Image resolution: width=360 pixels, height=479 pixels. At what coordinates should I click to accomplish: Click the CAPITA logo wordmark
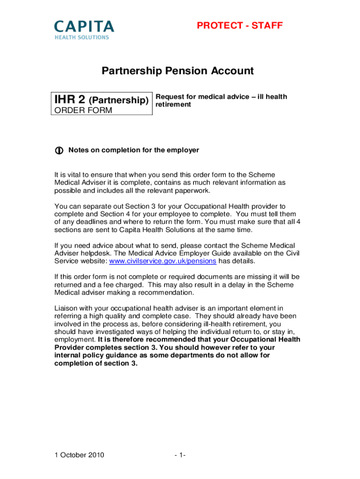coord(84,26)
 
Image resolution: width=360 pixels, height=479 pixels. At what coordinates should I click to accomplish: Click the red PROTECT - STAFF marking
coord(240,26)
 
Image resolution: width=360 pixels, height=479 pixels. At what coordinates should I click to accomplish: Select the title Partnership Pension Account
coord(178,71)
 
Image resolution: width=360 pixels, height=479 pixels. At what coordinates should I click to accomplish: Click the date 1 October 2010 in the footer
coord(79,455)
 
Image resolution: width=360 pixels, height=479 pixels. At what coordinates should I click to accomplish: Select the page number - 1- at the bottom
coord(180,455)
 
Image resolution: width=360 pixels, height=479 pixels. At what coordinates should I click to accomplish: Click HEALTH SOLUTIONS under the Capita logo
coord(82,37)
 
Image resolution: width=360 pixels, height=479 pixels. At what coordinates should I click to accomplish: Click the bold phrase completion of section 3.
coord(96,363)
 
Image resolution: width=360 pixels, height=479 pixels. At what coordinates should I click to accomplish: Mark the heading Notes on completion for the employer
coord(134,150)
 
